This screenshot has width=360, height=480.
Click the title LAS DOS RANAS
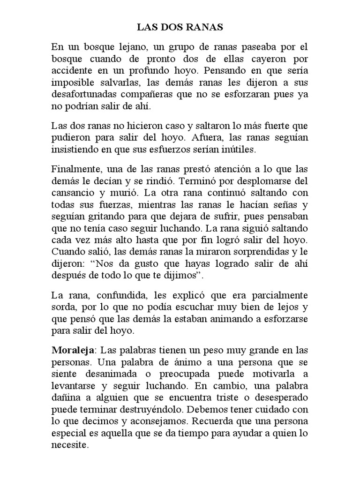tap(180, 28)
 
